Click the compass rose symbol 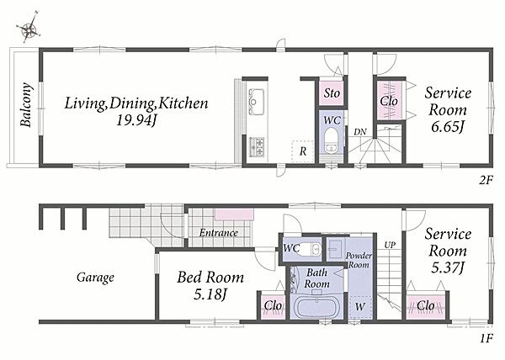click(x=29, y=28)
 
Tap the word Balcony click(x=26, y=105)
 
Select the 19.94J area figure click(x=136, y=120)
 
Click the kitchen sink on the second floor click(x=257, y=101)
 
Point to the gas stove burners click(x=257, y=147)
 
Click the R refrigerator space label click(x=303, y=151)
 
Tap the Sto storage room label click(x=332, y=93)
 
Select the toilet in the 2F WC click(x=331, y=140)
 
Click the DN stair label click(x=360, y=132)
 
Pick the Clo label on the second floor click(x=389, y=101)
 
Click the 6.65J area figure click(x=448, y=127)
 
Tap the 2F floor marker click(x=486, y=181)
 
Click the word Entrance click(x=219, y=233)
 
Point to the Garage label click(x=95, y=278)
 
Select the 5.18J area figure click(x=210, y=294)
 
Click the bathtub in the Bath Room click(x=317, y=307)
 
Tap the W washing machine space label click(x=360, y=307)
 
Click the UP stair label click(x=390, y=245)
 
